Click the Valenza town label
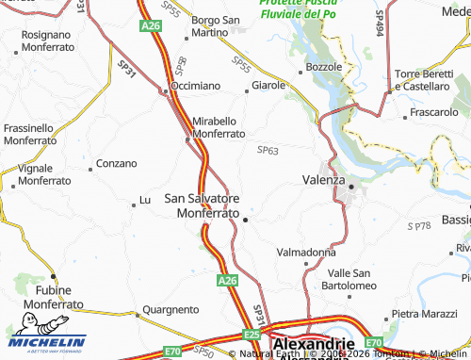pos(324,179)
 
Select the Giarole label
pos(267,86)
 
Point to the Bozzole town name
pos(324,69)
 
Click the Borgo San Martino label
pos(217,27)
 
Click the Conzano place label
pos(117,163)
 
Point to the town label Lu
pos(145,200)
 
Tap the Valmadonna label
pos(306,253)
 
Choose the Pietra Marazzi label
pos(424,313)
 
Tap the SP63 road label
pos(268,150)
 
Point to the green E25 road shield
pos(252,335)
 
